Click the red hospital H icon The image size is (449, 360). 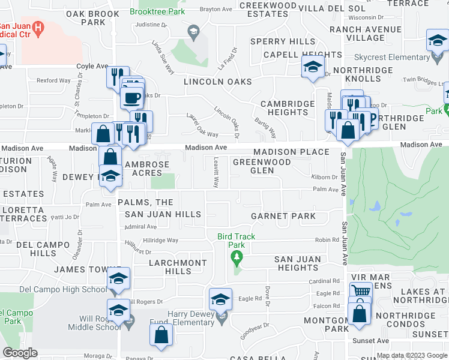click(x=39, y=27)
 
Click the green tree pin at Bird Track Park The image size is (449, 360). click(x=237, y=258)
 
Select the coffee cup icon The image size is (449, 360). click(x=131, y=97)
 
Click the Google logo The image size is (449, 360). click(x=20, y=353)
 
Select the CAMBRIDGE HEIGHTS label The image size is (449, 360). click(x=288, y=108)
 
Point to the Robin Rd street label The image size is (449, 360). click(x=327, y=240)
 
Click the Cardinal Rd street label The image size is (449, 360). click(x=328, y=281)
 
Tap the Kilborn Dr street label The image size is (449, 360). click(x=325, y=177)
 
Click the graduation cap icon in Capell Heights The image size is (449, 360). click(x=313, y=67)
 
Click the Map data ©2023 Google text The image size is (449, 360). click(x=411, y=355)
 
